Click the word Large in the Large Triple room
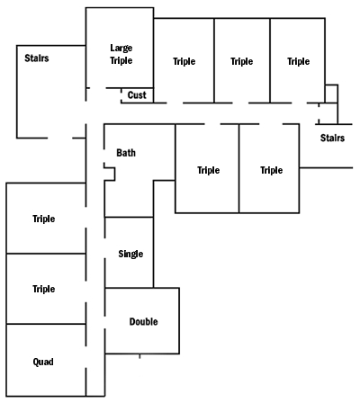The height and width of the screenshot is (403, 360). pos(121,49)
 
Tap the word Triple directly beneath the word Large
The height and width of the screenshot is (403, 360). pos(121,60)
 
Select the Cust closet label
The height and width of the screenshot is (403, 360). pos(137,95)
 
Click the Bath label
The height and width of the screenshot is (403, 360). pos(126,153)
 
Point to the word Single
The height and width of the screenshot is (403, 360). pos(130,254)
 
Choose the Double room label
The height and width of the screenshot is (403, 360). pos(143,322)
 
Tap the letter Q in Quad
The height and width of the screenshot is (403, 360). pos(36,363)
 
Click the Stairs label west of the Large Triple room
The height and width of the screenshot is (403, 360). pos(37,58)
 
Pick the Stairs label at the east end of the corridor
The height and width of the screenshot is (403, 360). pos(332,138)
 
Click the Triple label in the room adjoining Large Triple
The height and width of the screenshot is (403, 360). pos(184,61)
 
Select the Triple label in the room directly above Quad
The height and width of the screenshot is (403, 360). pos(44,289)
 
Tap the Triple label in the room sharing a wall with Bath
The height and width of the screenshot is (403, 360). pos(209,170)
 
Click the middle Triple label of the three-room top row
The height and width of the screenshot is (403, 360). pos(242,61)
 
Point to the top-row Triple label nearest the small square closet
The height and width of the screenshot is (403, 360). pos(299,61)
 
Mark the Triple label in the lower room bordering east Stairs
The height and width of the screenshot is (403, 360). pos(272,170)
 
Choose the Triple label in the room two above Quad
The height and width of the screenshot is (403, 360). pos(44,219)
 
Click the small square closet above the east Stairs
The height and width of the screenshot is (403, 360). pos(331,94)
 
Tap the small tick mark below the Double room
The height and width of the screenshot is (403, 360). pos(139,356)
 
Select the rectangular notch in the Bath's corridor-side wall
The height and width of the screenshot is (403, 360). pos(110,174)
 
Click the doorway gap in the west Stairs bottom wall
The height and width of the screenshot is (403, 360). pos(60,139)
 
